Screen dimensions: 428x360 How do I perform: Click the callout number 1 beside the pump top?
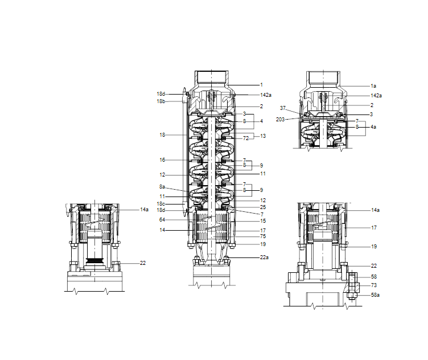(261, 85)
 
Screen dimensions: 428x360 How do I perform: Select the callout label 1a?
(373, 86)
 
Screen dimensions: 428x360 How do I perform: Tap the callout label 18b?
(160, 101)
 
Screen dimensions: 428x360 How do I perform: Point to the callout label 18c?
(160, 204)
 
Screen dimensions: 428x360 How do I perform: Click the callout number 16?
(162, 160)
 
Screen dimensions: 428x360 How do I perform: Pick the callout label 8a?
(162, 187)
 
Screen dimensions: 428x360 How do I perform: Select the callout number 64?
(162, 220)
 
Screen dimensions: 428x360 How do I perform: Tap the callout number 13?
(263, 136)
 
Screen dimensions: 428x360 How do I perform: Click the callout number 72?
(246, 138)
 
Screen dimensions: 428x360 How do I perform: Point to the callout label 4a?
(373, 127)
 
